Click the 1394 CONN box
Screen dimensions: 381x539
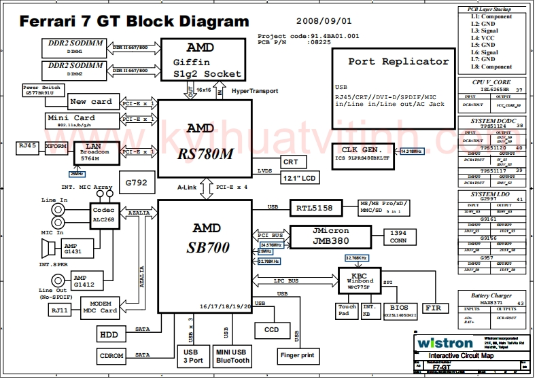pos(398,236)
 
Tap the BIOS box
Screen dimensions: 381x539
pos(400,311)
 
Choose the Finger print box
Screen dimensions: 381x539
pos(297,355)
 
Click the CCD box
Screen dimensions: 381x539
pos(271,329)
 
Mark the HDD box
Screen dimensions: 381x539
pos(109,334)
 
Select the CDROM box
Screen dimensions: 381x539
pos(111,355)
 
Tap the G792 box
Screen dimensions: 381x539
pos(136,183)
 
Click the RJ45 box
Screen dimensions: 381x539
pos(27,145)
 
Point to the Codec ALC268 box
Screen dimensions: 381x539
pos(103,214)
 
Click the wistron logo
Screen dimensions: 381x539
pos(445,342)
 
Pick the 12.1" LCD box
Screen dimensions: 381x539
pos(300,178)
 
